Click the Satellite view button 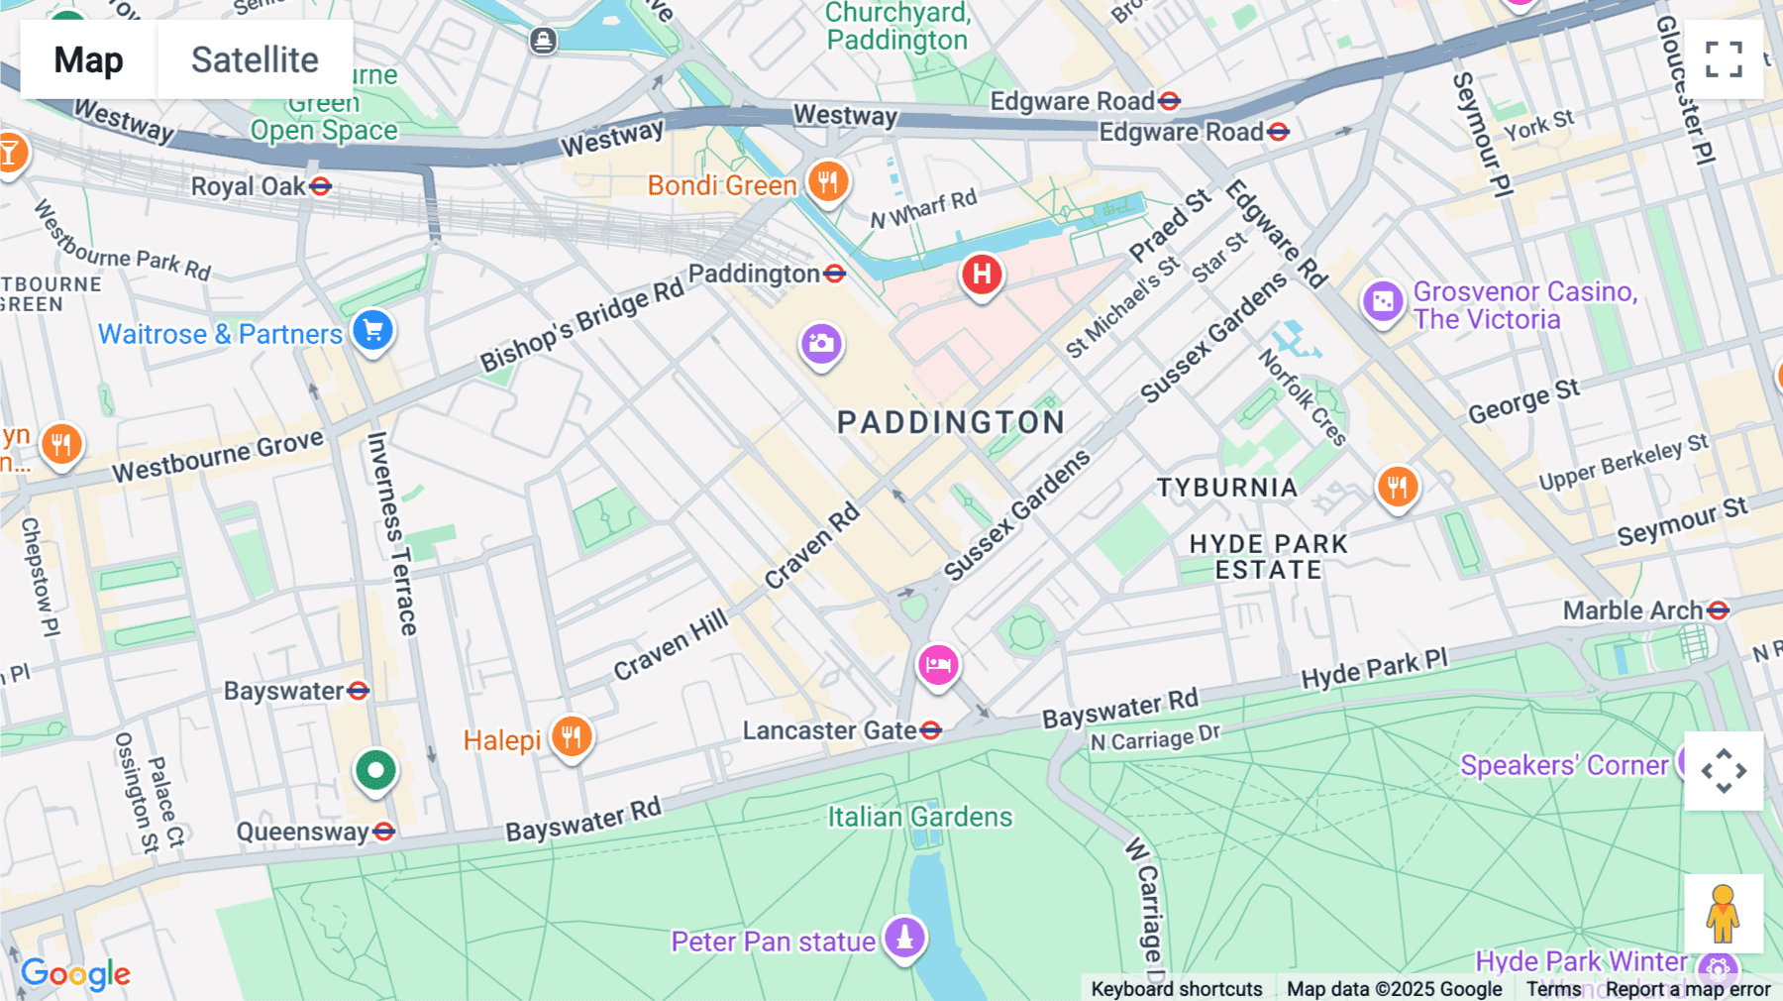255,59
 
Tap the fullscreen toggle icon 1724,59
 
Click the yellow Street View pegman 1723,914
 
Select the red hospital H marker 982,275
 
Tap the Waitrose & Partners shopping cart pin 373,331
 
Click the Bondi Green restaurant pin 828,182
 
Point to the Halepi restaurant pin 572,737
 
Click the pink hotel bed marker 937,665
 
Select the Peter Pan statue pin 904,937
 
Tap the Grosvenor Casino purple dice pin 1383,301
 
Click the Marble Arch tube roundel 1719,611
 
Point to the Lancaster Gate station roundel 930,731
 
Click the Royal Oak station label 249,186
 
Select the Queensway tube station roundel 384,832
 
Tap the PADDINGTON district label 950,422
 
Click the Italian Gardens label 920,817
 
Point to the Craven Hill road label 670,646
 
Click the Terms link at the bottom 1553,988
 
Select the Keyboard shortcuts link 1176,988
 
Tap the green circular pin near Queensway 375,770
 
